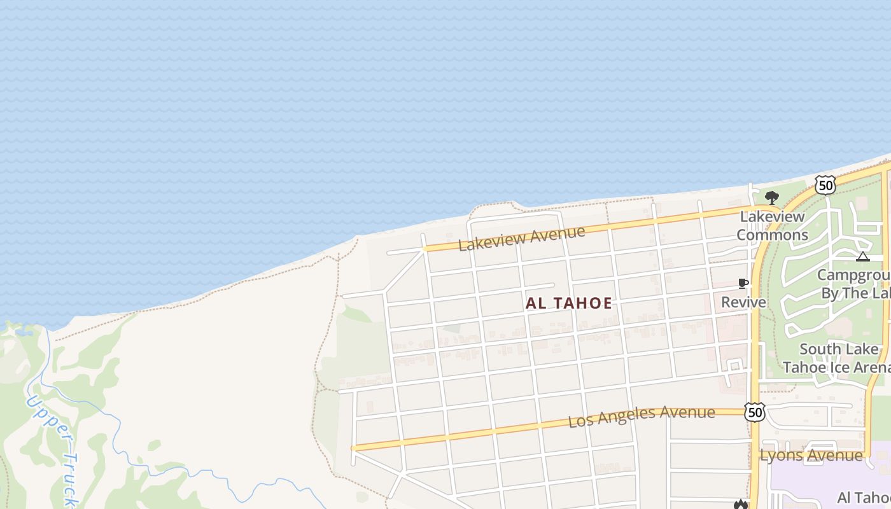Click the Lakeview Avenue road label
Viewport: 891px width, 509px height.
[x=521, y=238]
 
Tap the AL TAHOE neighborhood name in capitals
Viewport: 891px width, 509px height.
[x=569, y=303]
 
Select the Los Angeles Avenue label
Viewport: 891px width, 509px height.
[x=641, y=417]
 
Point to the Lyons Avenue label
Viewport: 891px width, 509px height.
[x=811, y=456]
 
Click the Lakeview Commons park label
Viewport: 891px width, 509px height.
[x=773, y=226]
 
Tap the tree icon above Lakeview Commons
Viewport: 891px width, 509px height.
[x=772, y=197]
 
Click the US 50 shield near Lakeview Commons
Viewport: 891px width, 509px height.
[x=825, y=185]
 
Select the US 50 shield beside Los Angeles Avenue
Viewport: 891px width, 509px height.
[x=755, y=412]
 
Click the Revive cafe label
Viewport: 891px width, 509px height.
[x=743, y=302]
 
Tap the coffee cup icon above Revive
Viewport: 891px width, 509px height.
[x=743, y=283]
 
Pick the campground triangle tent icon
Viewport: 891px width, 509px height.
[x=862, y=256]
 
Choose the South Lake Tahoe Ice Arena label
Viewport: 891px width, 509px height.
[x=838, y=358]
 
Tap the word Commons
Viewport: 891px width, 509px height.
[x=773, y=235]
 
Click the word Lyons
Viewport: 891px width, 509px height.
[x=779, y=456]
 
